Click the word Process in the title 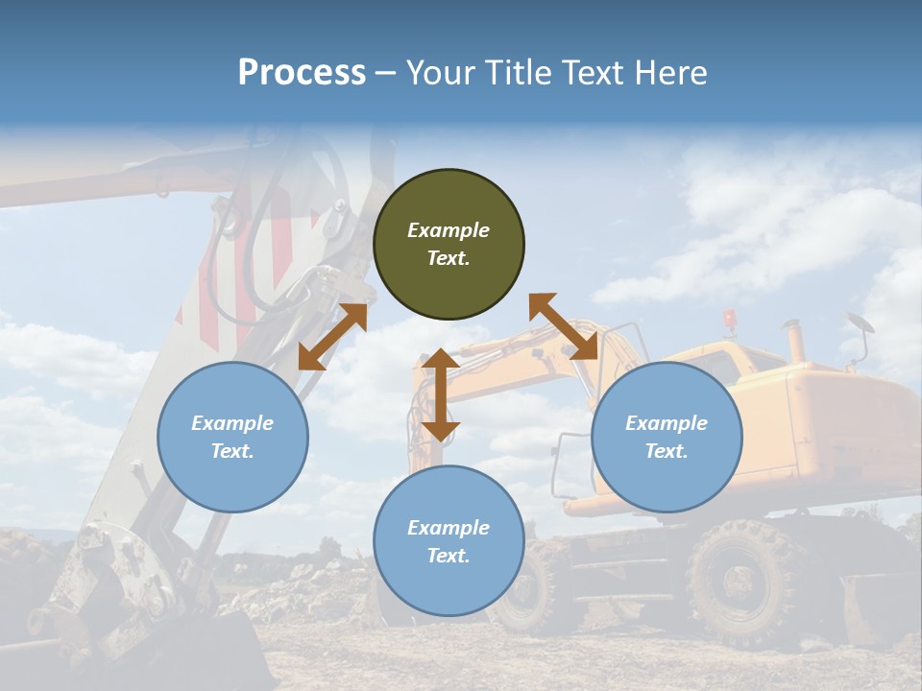tap(302, 73)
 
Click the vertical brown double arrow tap(440, 394)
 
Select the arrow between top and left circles tap(332, 337)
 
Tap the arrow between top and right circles tap(563, 326)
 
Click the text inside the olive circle tap(449, 244)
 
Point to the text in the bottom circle tap(449, 541)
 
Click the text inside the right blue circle tap(667, 437)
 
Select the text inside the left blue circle tap(232, 437)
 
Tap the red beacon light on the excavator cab tap(730, 318)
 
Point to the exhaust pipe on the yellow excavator tap(794, 342)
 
